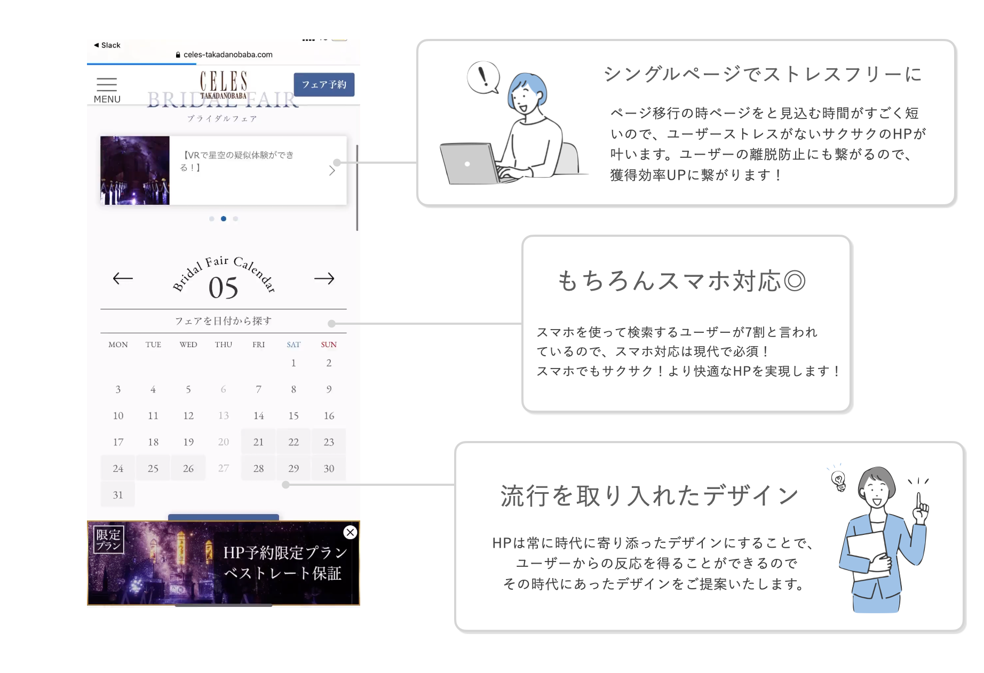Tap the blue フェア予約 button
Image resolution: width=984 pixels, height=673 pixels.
click(x=324, y=85)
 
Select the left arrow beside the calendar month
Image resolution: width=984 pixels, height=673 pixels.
click(x=123, y=278)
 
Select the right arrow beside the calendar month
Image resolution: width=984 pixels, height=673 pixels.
click(x=324, y=278)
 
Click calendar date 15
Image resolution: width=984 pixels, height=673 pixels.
click(x=293, y=416)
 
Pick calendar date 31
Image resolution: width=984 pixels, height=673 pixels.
click(x=118, y=495)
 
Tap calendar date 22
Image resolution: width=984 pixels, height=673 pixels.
click(x=293, y=442)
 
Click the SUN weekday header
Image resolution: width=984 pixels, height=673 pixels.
click(x=329, y=344)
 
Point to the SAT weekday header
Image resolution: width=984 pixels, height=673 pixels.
click(x=293, y=344)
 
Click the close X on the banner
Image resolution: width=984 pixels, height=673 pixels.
click(x=350, y=532)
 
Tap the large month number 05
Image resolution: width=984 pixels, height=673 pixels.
click(x=223, y=288)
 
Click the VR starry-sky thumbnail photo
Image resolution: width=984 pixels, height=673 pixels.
click(x=135, y=170)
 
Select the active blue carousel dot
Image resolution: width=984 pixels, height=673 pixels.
click(x=224, y=219)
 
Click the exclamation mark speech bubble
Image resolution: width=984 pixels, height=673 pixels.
click(x=483, y=77)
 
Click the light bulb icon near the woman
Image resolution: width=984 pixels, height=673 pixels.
click(x=839, y=480)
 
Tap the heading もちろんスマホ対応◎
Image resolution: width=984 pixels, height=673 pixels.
click(x=681, y=281)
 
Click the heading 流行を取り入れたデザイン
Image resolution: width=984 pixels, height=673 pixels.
click(x=649, y=496)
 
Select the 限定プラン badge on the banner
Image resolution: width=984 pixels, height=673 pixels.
click(x=108, y=540)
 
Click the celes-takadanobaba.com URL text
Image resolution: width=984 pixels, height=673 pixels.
click(x=228, y=54)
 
